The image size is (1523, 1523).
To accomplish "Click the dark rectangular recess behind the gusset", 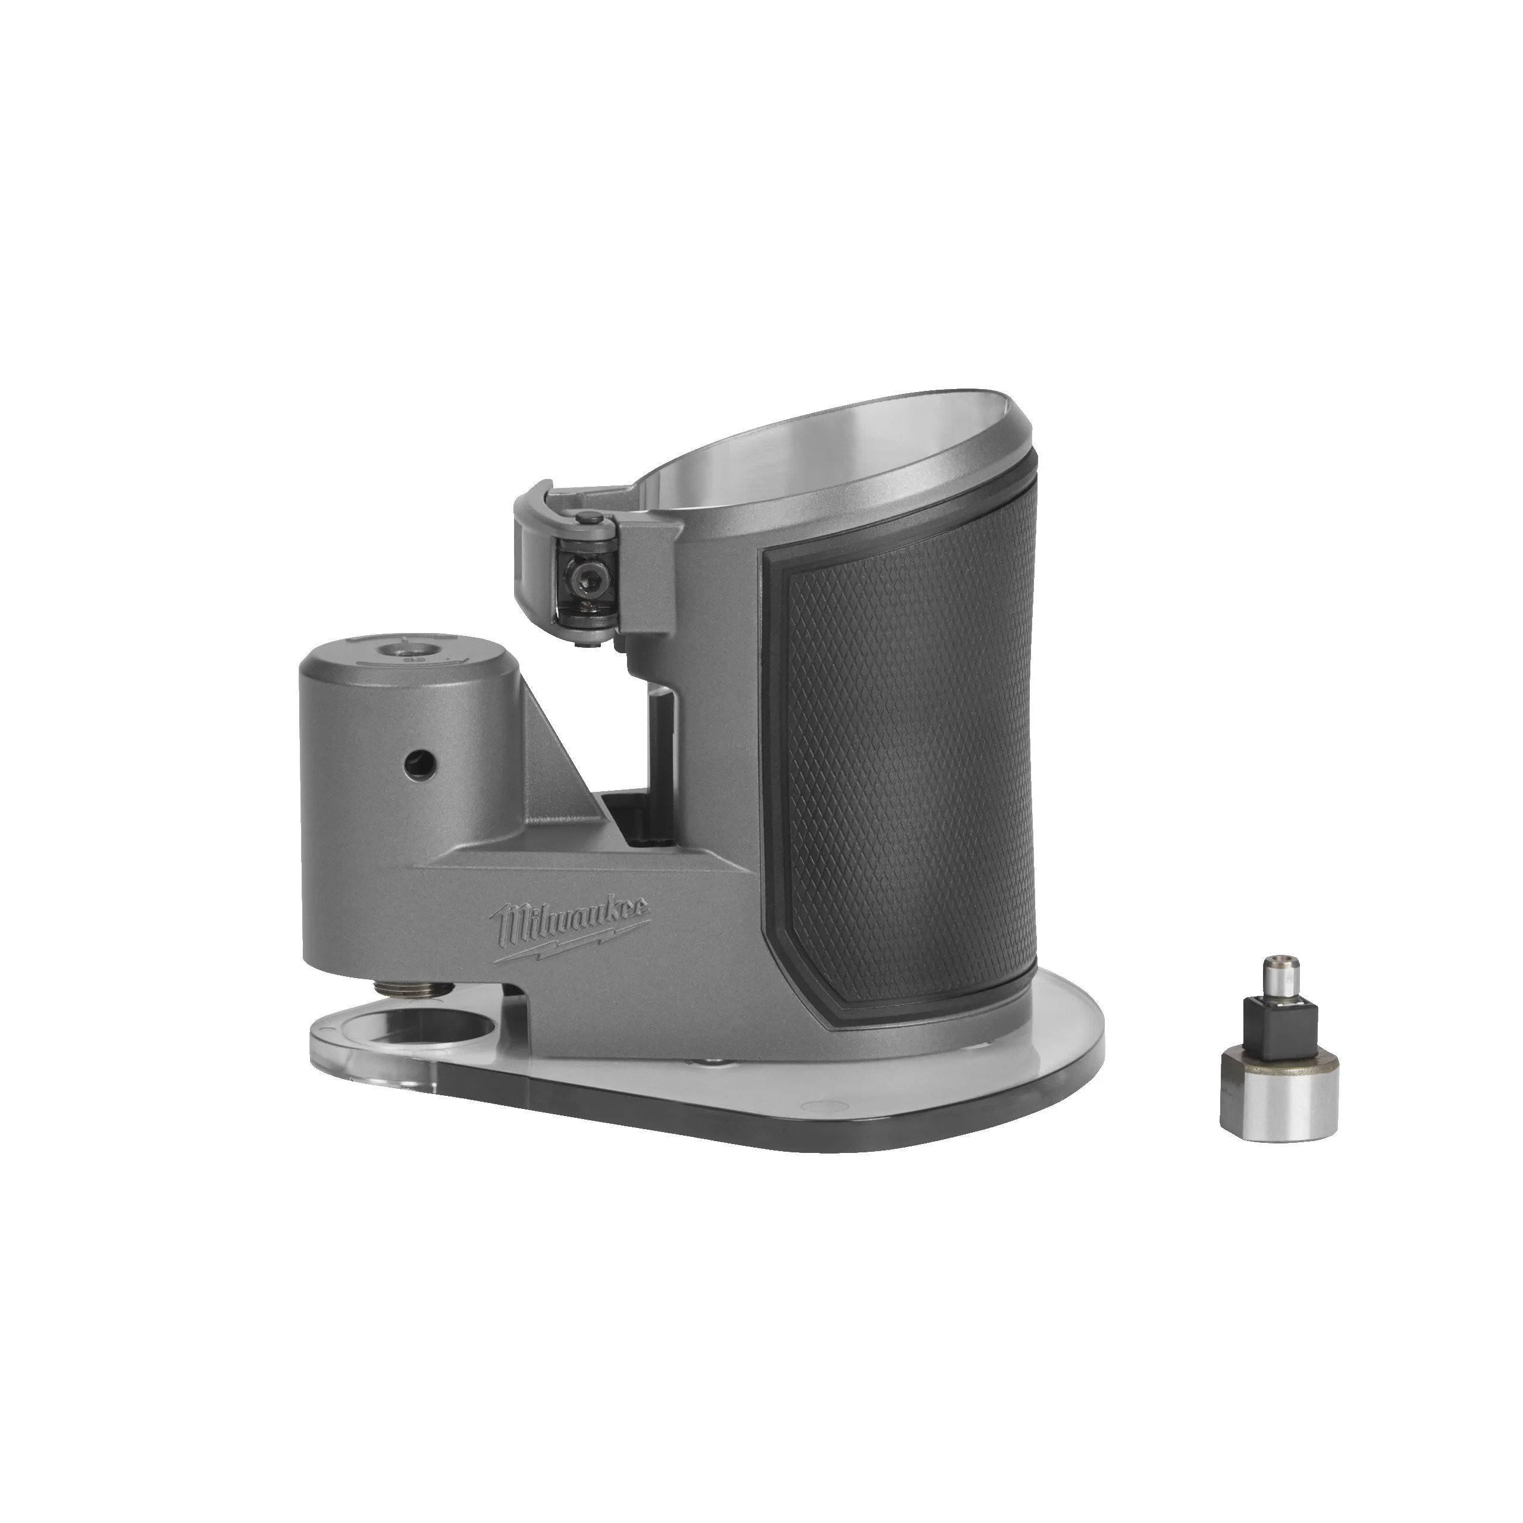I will [631, 820].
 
